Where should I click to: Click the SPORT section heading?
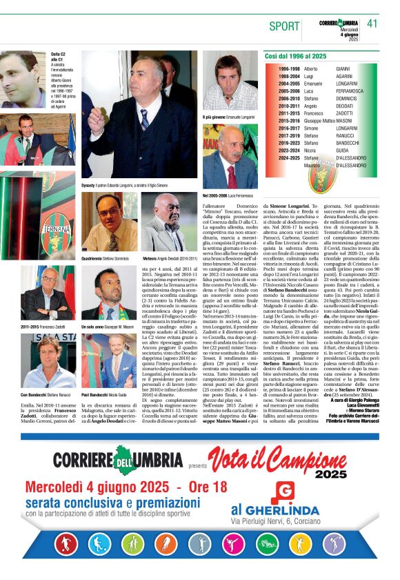pos(284,26)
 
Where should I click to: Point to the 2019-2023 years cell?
pos(289,143)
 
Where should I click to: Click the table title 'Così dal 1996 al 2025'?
pos(296,56)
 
